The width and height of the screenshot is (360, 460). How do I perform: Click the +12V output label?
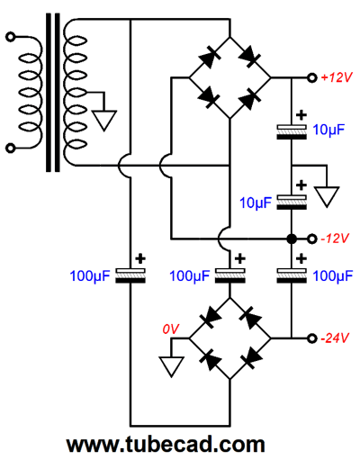336,77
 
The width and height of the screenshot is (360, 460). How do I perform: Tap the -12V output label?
335,239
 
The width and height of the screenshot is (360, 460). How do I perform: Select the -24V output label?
335,338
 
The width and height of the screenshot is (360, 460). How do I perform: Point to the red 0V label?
171,329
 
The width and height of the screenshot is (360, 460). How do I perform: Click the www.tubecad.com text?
166,445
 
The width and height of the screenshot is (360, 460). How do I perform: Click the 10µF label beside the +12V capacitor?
328,131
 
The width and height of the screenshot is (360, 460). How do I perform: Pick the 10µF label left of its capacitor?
256,203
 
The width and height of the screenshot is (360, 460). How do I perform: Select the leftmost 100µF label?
90,276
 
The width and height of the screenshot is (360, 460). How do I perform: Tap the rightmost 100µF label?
333,276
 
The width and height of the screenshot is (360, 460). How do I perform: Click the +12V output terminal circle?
312,78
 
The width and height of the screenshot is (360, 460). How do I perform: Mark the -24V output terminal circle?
312,338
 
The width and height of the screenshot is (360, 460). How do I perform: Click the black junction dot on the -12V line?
292,239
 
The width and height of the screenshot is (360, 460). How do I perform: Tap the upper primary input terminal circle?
11,37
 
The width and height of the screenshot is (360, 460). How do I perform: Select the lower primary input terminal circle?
11,149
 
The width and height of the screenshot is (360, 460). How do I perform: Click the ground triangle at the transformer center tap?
103,119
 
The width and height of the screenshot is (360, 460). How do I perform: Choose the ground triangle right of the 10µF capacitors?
327,195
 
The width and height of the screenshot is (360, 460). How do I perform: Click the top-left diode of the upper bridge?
210,58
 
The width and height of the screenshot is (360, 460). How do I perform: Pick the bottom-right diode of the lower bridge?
250,359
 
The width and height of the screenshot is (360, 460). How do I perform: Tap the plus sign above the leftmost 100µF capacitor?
140,258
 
